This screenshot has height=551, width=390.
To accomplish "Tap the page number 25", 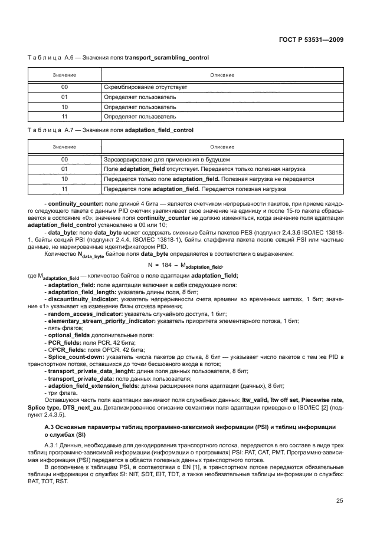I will click(340, 501).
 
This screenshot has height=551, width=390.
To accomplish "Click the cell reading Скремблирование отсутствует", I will click(145, 87).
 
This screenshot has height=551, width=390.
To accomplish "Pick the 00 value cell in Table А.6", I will click(64, 87).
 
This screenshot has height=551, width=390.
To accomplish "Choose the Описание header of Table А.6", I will click(222, 75).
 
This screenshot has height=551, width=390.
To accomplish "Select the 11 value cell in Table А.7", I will click(64, 189).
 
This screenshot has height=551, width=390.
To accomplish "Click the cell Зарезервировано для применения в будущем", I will click(166, 159).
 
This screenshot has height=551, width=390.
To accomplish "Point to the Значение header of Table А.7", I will click(64, 147).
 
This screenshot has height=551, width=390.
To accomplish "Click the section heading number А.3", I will click(51, 425).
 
